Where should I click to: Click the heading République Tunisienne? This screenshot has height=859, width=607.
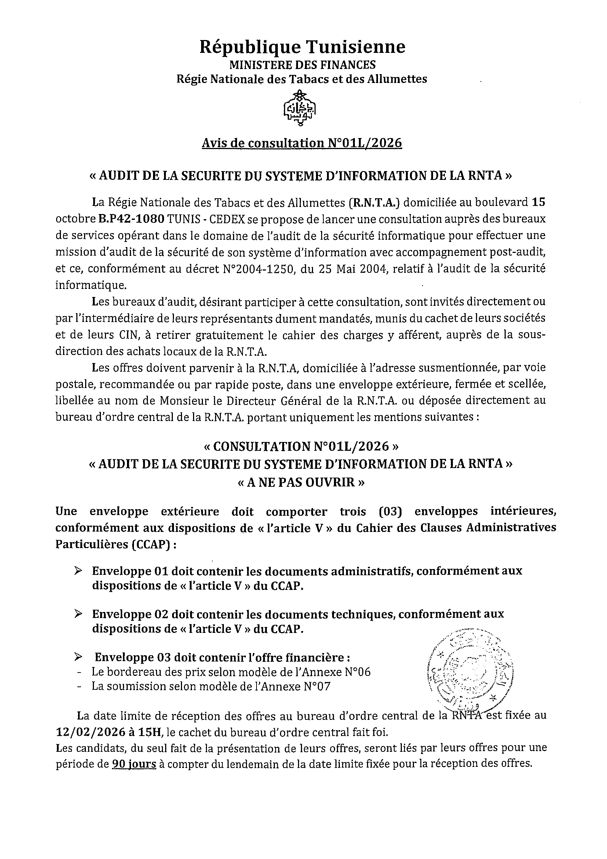click(302, 47)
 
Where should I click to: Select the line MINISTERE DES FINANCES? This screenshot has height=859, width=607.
click(302, 65)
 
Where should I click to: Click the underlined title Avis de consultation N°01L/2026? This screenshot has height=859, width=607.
click(301, 143)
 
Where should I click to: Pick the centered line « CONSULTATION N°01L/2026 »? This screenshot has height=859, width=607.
click(301, 446)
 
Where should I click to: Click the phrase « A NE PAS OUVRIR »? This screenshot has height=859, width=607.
click(301, 482)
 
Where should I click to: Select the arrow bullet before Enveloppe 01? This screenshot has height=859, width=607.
click(78, 570)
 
